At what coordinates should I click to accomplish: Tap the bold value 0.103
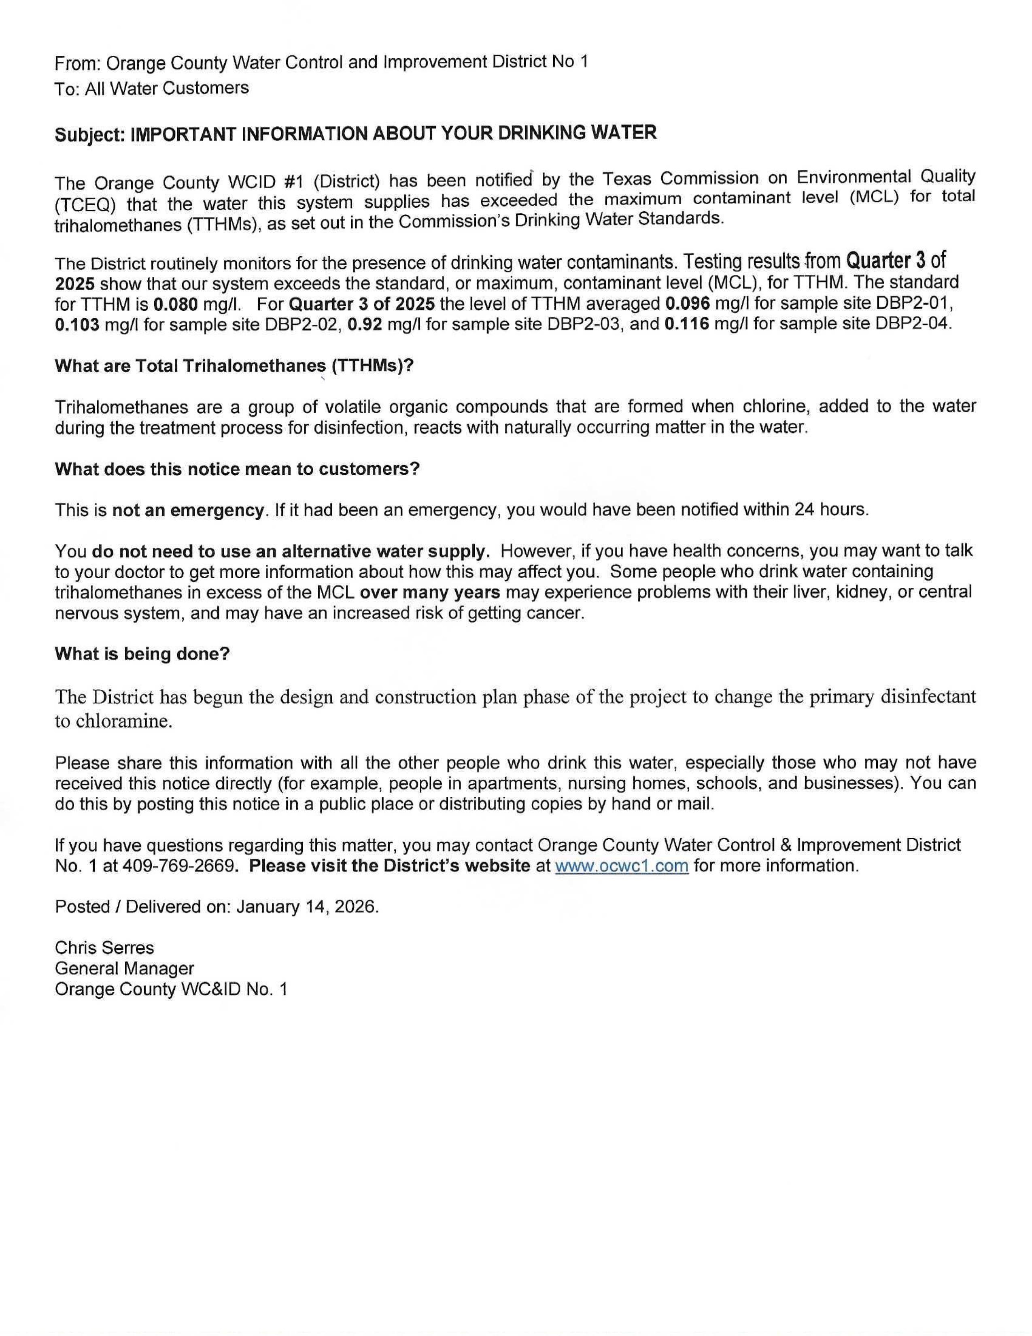click(77, 325)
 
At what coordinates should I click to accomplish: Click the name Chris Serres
click(104, 948)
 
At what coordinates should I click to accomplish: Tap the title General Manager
click(124, 968)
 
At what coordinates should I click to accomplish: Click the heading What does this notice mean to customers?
click(237, 469)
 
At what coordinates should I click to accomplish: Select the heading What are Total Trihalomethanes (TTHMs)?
click(234, 366)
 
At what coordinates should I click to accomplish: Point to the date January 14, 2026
click(306, 906)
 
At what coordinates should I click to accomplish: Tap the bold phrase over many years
click(430, 592)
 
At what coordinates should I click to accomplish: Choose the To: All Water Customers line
click(152, 89)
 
